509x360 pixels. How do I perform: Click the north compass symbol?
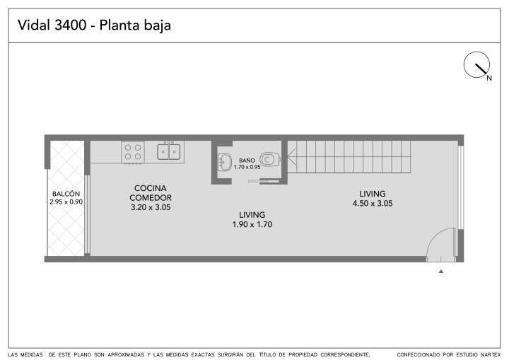click(476, 64)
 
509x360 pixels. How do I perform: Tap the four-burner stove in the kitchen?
click(133, 152)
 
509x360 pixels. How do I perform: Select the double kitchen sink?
click(168, 151)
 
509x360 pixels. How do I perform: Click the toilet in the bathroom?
click(270, 159)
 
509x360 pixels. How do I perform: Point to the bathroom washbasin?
click(224, 163)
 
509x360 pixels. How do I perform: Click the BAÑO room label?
click(247, 161)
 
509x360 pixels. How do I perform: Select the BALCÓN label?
click(66, 194)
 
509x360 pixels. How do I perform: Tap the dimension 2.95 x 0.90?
click(66, 202)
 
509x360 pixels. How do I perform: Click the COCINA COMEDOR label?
click(151, 192)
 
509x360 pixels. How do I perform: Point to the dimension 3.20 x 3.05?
click(151, 207)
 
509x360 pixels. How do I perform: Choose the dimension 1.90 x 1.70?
click(252, 224)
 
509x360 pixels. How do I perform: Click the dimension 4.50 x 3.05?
click(373, 204)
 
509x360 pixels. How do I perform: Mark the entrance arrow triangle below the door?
click(441, 272)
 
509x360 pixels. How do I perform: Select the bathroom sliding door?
click(263, 180)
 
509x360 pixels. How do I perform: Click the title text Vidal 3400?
click(52, 25)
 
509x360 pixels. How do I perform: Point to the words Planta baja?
click(135, 25)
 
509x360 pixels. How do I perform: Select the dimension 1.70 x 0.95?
click(247, 167)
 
